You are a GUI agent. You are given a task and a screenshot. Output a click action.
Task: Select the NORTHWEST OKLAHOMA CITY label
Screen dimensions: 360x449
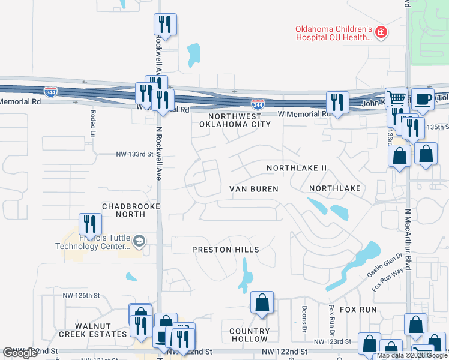tap(235, 120)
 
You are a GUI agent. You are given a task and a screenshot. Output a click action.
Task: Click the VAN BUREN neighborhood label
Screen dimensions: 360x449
tap(254, 189)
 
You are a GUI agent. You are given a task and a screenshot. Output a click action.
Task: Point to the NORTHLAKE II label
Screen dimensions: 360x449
tap(297, 169)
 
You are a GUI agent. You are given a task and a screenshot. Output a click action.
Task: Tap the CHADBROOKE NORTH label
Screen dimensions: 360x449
tap(123, 210)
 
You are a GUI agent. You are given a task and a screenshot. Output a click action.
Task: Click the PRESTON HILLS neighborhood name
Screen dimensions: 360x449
tap(226, 250)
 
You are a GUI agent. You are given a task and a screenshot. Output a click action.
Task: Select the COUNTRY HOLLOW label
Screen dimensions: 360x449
tap(250, 335)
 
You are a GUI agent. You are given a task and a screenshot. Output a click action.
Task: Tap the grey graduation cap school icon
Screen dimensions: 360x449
tap(139, 241)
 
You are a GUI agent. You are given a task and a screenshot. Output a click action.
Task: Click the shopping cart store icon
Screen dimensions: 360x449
tap(396, 98)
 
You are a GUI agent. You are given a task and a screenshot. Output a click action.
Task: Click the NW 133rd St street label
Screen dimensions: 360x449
tap(131, 154)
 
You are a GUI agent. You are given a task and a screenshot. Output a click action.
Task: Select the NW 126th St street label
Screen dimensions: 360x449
tap(80, 295)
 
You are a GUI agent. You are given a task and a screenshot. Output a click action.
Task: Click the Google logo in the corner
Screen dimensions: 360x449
tap(20, 353)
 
